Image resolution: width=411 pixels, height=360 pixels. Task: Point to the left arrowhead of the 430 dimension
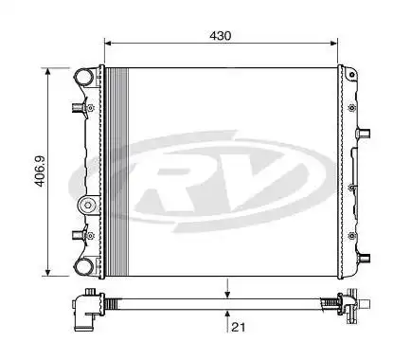click(107, 43)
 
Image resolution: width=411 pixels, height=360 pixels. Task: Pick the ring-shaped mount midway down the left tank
click(86, 203)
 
